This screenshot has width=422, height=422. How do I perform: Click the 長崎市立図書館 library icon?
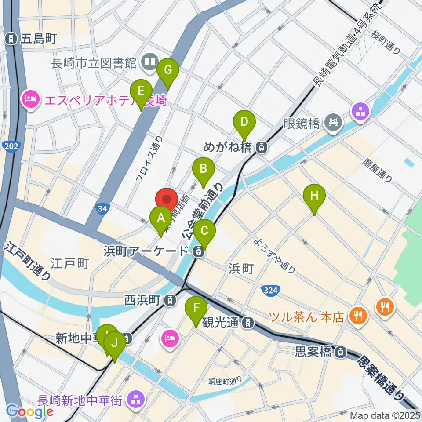150,62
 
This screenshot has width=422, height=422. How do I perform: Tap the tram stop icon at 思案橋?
340,352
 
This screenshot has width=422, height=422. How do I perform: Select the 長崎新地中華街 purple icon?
135,400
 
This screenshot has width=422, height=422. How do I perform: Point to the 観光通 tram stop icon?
248,323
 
